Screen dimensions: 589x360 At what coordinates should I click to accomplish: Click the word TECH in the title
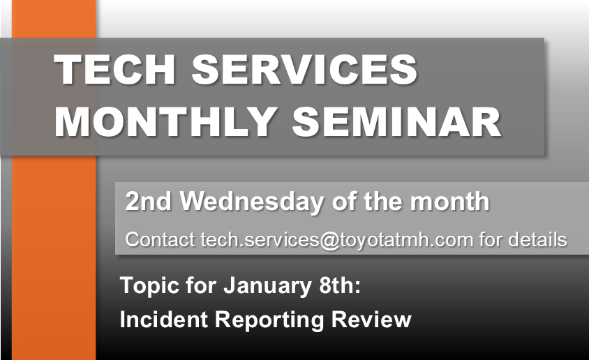pyautogui.click(x=114, y=70)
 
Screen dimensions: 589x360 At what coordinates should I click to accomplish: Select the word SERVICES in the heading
pyautogui.click(x=305, y=70)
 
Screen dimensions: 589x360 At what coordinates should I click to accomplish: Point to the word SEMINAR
pyautogui.click(x=396, y=122)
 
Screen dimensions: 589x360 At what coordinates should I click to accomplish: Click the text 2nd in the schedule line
pyautogui.click(x=148, y=201)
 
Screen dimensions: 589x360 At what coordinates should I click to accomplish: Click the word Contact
pyautogui.click(x=160, y=239)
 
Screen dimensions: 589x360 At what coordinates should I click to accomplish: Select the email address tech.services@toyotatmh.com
pyautogui.click(x=336, y=240)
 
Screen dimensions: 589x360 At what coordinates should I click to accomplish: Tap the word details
pyautogui.click(x=537, y=239)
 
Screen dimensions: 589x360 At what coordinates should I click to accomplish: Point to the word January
pyautogui.click(x=267, y=286)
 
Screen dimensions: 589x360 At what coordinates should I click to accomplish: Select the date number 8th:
pyautogui.click(x=340, y=285)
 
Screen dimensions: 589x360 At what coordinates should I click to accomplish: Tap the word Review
pyautogui.click(x=371, y=320)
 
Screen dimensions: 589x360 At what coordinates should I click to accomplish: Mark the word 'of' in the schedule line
pyautogui.click(x=345, y=201)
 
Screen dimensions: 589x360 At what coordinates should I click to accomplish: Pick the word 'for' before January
pyautogui.click(x=201, y=285)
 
